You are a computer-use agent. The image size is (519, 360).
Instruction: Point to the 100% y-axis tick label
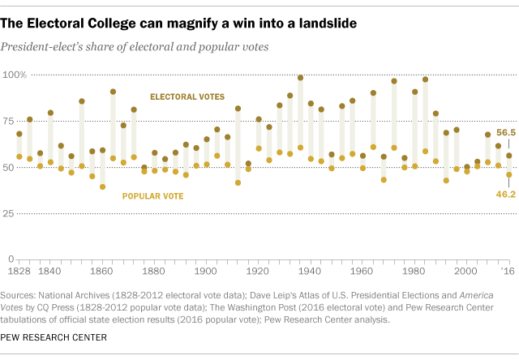click(18, 75)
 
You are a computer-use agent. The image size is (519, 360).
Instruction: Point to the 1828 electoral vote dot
click(19, 134)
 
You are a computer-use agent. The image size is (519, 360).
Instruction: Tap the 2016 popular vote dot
click(509, 174)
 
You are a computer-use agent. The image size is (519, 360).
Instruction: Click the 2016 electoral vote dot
click(509, 156)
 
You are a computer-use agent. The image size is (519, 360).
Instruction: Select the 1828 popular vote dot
click(19, 156)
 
